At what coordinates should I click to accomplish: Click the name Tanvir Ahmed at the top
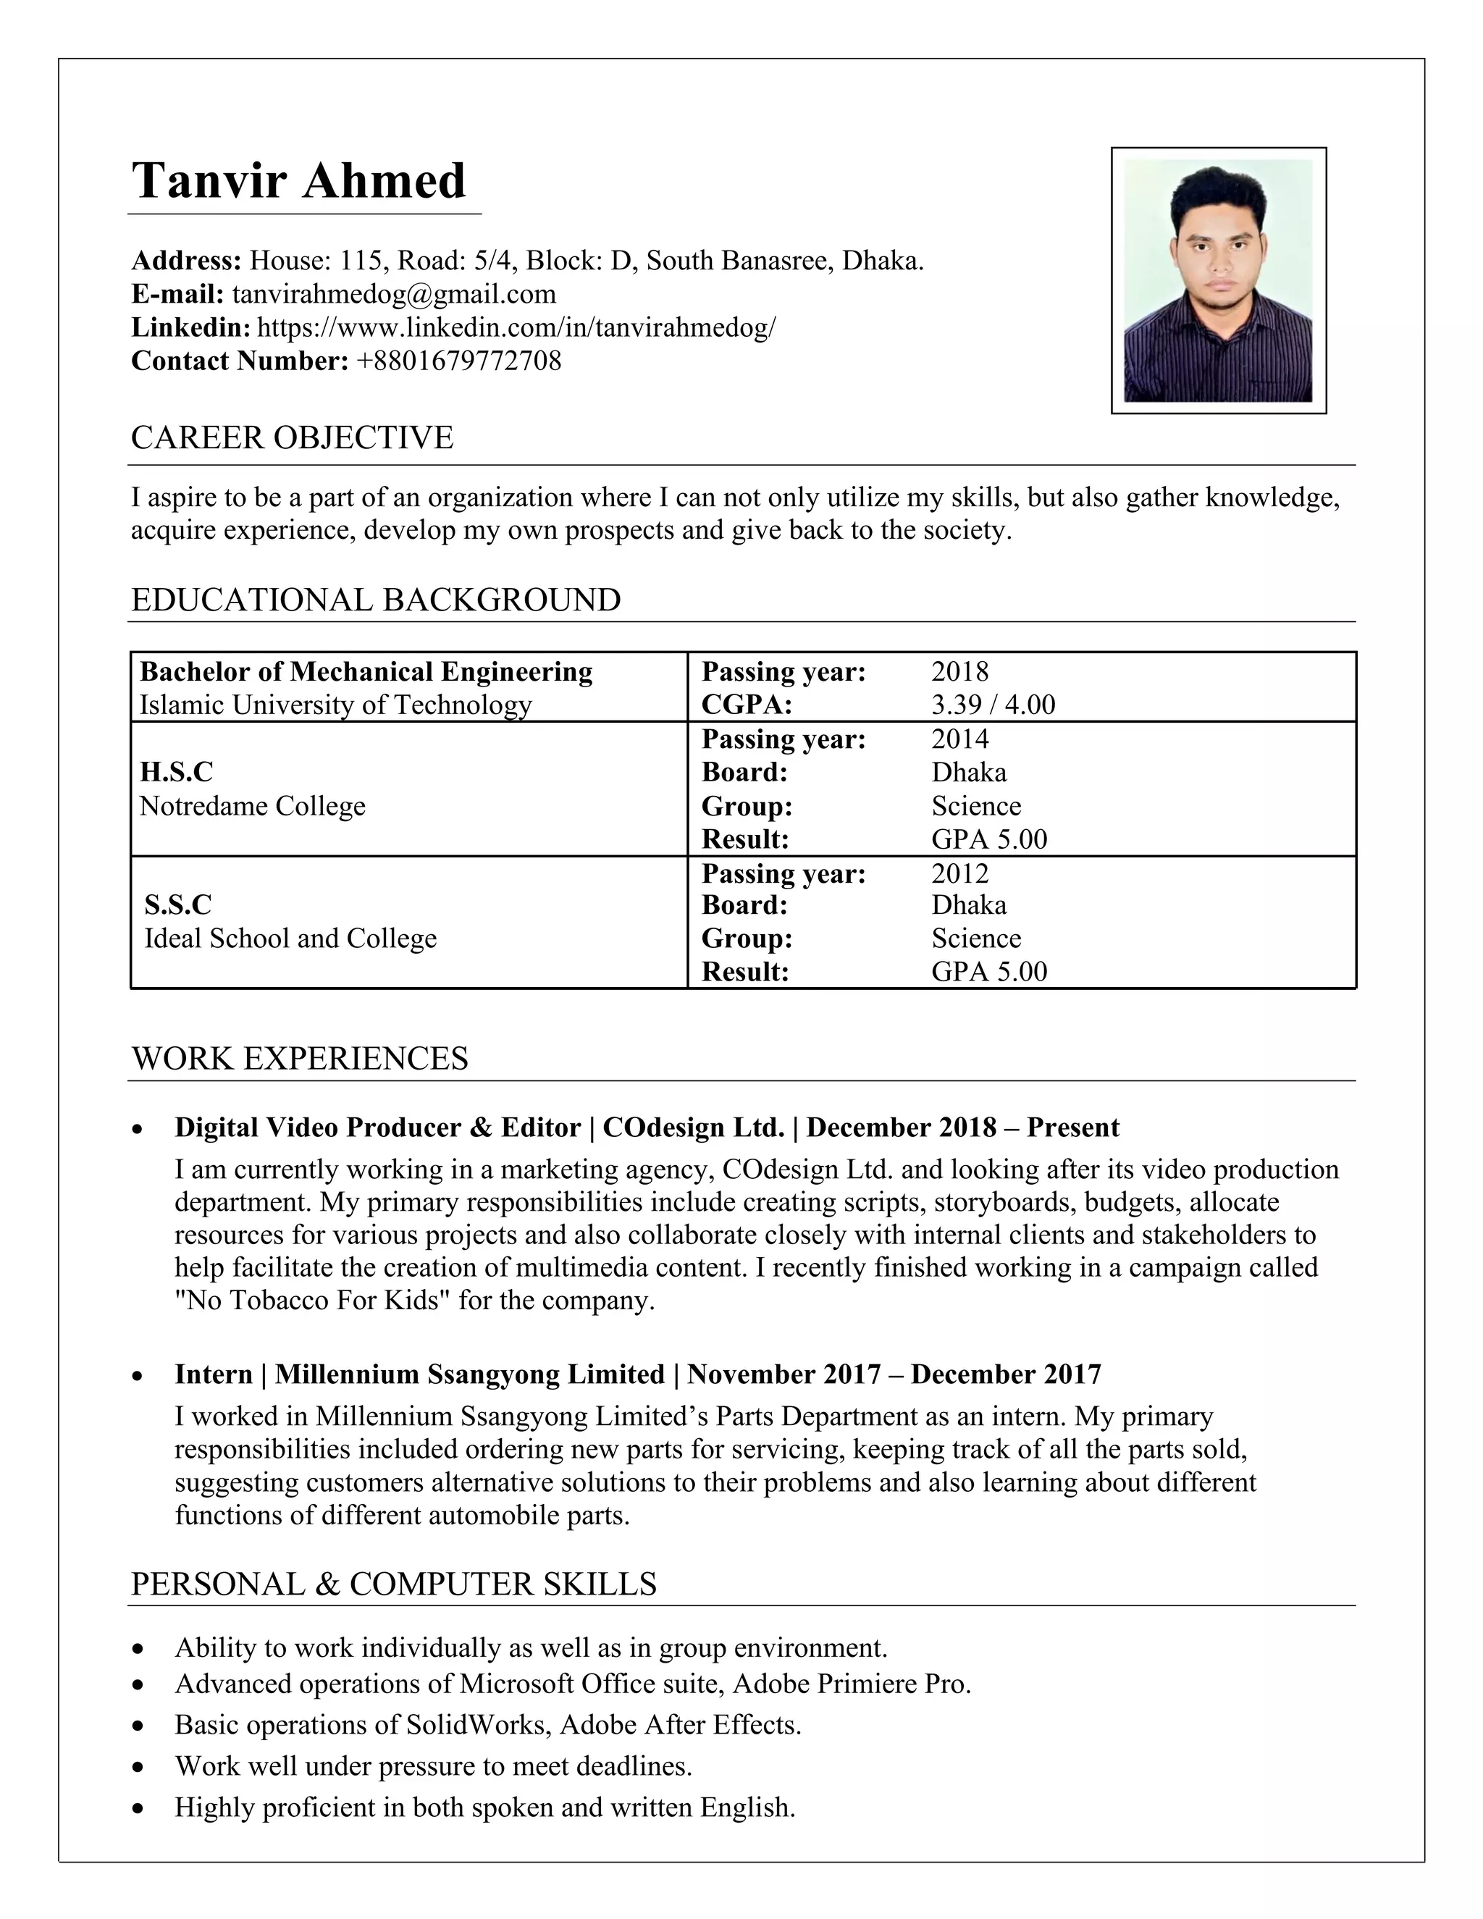coord(299,181)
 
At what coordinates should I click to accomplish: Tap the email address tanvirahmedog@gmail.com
coord(394,293)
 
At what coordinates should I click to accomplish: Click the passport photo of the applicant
coord(1218,280)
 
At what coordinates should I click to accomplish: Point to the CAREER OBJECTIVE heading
coord(292,437)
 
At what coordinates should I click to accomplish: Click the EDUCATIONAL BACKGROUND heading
coord(375,600)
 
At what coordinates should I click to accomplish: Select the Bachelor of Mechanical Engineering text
coord(366,671)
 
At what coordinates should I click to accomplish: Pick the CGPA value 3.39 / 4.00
coord(993,705)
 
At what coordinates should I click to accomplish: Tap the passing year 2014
coord(959,738)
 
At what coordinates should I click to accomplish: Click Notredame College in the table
coord(252,806)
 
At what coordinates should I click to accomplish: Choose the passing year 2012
coord(959,873)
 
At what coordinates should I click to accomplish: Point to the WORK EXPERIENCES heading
coord(299,1058)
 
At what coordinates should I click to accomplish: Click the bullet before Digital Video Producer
coord(137,1129)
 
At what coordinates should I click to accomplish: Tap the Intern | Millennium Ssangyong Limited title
coord(419,1374)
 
